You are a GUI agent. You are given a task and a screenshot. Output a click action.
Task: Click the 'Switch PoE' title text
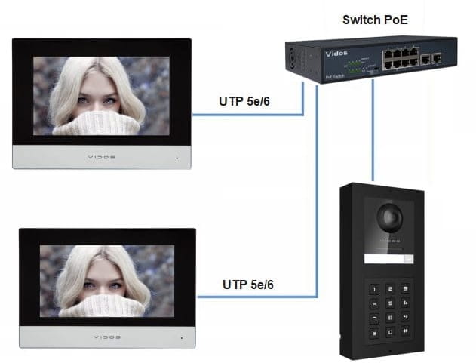[375, 20]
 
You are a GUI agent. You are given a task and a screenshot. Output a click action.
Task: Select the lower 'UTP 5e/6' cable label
[248, 285]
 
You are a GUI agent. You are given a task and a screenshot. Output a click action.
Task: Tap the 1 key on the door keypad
[373, 288]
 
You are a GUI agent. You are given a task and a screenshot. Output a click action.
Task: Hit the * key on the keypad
[373, 332]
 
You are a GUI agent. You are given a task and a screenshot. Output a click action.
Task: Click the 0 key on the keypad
[389, 332]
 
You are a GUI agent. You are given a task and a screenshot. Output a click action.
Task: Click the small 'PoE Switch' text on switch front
[335, 76]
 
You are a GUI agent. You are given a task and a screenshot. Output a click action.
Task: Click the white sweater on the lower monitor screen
[103, 305]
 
